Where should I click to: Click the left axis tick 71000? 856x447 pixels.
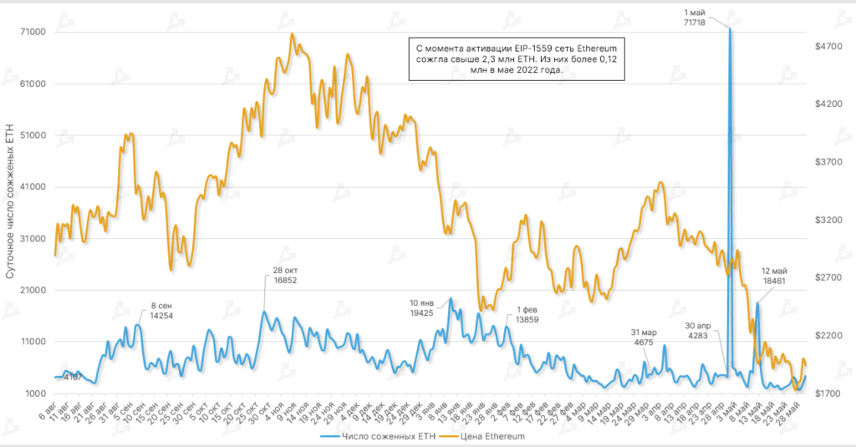[33, 32]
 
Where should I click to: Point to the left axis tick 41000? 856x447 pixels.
[33, 187]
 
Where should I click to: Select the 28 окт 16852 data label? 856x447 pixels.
[285, 276]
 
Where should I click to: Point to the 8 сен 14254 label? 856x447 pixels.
[161, 311]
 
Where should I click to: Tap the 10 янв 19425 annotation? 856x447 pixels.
[422, 307]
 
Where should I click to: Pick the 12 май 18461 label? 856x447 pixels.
[774, 277]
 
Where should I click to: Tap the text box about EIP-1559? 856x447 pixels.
[517, 58]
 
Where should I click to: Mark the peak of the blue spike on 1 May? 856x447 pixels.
[730, 29]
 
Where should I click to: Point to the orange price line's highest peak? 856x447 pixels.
[292, 34]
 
